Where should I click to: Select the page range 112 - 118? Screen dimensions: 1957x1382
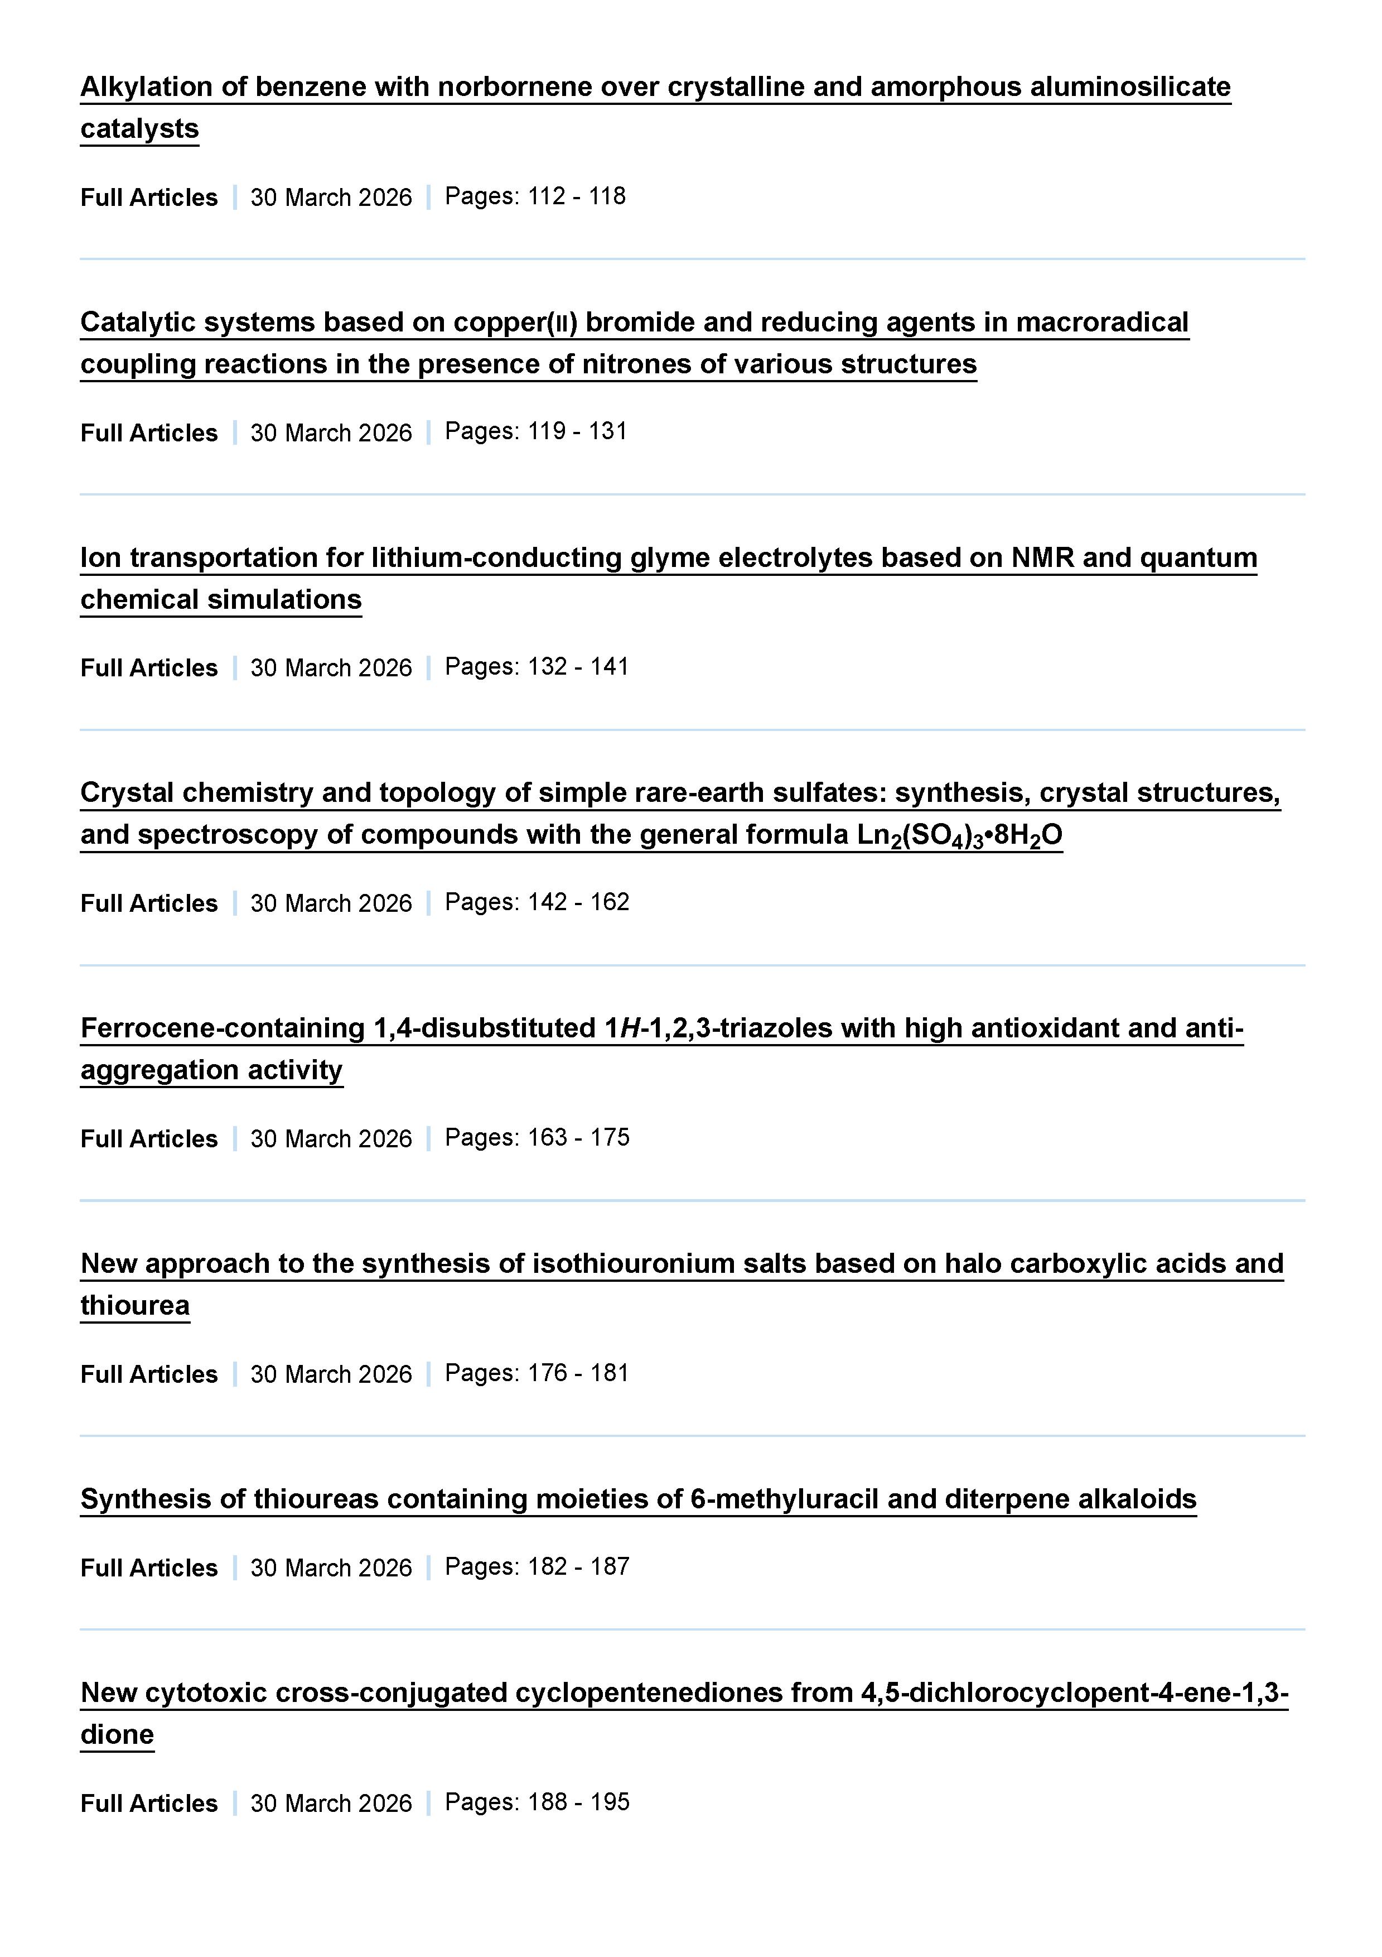[577, 197]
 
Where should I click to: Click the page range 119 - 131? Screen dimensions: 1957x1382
[577, 432]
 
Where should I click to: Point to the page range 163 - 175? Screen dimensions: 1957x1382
[578, 1138]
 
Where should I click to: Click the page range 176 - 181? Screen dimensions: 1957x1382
[578, 1373]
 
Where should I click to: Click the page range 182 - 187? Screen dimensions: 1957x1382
[578, 1566]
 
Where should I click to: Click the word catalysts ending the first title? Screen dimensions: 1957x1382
[140, 129]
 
